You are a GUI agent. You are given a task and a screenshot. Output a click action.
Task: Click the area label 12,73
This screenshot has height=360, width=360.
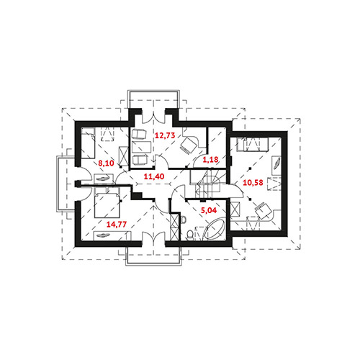(165, 135)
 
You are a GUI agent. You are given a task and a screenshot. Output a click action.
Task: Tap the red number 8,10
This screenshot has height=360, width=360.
(106, 163)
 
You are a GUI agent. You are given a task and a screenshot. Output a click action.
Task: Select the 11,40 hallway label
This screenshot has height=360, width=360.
(154, 176)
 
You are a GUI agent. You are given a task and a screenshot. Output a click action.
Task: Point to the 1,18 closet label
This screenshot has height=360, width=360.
(210, 159)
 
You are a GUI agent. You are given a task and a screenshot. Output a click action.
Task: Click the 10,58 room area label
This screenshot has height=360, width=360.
(253, 183)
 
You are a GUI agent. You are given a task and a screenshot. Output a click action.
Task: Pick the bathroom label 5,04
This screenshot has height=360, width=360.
(209, 210)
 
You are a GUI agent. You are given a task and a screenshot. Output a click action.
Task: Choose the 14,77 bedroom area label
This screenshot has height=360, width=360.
(117, 225)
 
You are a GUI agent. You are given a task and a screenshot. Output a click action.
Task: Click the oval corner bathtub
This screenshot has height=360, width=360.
(214, 229)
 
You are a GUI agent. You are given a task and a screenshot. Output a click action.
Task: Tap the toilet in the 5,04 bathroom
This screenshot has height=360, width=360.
(190, 235)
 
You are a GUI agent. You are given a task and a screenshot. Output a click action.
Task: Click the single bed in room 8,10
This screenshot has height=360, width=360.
(88, 143)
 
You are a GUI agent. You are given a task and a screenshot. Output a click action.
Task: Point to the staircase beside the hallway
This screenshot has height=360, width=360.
(208, 184)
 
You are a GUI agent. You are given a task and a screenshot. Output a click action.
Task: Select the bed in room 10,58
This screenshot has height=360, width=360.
(252, 145)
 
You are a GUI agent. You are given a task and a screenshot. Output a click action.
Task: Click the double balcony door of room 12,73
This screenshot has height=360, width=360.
(153, 116)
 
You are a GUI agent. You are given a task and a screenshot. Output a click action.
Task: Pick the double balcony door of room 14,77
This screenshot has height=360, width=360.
(153, 238)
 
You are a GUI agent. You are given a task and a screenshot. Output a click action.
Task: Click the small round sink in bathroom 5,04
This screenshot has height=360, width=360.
(184, 220)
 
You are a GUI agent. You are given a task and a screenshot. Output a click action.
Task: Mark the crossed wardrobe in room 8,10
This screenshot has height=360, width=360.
(124, 156)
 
